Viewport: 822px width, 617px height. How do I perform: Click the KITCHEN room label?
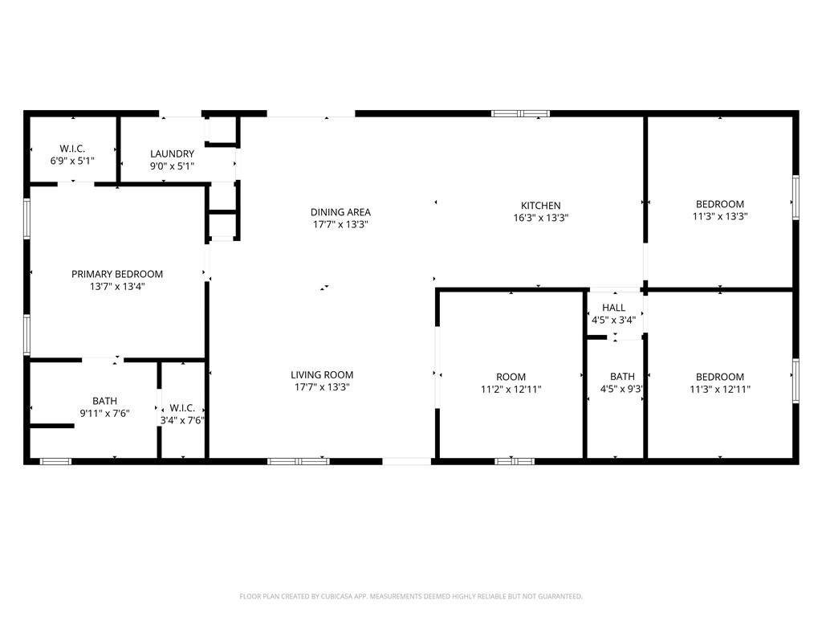[540, 206]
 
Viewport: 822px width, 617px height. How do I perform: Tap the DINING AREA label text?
[340, 212]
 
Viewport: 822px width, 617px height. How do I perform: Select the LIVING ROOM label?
[322, 374]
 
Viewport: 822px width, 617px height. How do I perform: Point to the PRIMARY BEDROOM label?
[117, 274]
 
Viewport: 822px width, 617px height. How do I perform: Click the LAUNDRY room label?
[172, 153]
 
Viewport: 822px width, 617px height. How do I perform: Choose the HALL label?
[613, 308]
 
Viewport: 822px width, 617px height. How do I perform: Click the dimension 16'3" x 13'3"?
[540, 218]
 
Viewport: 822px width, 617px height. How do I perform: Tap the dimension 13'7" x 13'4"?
[117, 287]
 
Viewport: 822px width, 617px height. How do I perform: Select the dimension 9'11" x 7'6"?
[104, 414]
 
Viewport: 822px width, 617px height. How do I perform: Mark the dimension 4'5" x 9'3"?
[622, 390]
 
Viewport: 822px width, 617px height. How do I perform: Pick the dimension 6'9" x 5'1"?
[72, 161]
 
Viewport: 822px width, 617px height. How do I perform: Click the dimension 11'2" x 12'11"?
[511, 390]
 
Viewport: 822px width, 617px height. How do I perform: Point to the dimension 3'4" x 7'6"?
[182, 420]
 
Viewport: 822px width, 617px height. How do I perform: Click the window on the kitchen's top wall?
[520, 113]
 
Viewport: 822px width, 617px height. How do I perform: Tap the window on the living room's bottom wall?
[299, 462]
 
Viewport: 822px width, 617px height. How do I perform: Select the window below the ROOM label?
[515, 462]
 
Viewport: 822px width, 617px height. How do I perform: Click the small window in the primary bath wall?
[56, 462]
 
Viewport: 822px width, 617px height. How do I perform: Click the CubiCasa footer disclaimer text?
[411, 597]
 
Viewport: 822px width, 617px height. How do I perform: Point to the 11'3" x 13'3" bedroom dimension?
[720, 216]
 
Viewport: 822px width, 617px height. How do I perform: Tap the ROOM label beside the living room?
[511, 377]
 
